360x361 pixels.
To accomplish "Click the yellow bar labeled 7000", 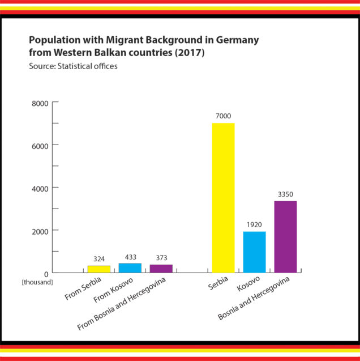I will (x=223, y=198).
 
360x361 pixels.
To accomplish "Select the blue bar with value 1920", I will (x=254, y=252).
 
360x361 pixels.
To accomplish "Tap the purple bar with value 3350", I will (x=285, y=237).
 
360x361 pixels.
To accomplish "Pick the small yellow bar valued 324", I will (x=98, y=269).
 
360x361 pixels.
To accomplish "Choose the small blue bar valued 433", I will (x=130, y=268).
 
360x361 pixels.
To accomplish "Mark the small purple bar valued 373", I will (x=161, y=269).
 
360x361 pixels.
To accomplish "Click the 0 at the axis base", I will (x=46, y=273).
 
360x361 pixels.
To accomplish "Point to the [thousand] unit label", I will (x=37, y=282).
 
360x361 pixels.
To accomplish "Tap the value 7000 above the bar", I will (x=223, y=117).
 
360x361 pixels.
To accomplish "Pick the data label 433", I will (x=130, y=257).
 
